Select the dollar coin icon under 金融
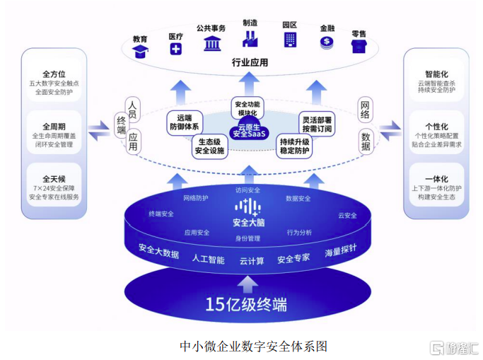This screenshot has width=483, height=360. point(326,42)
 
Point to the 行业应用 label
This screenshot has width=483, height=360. point(250,62)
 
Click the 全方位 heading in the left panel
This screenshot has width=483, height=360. point(54,73)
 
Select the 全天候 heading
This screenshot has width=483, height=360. point(54,179)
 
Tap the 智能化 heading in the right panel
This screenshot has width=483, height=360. point(436,73)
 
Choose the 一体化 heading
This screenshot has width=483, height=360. point(436,179)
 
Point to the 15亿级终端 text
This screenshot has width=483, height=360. point(246,305)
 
